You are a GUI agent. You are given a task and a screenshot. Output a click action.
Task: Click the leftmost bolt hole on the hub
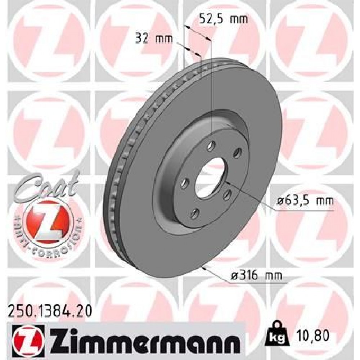tap(184, 184)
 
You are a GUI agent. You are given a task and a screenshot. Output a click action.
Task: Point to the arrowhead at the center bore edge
tap(226, 183)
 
